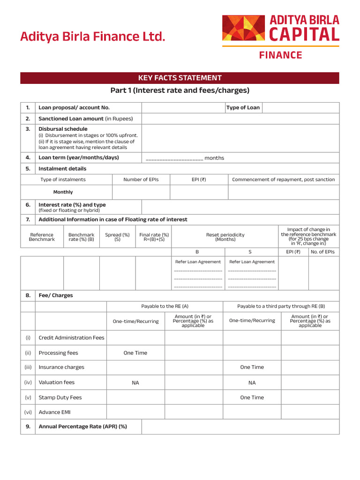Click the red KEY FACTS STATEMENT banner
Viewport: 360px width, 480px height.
click(x=180, y=78)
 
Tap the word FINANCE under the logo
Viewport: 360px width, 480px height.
click(x=280, y=55)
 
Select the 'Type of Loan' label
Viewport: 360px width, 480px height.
click(x=243, y=108)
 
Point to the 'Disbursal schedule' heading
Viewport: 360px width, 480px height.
click(x=63, y=129)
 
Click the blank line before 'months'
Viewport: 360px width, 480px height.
click(x=174, y=158)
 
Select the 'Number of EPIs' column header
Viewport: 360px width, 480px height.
click(x=141, y=180)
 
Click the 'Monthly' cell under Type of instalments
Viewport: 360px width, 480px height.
click(x=63, y=192)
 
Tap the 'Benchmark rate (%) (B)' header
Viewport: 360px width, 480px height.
click(x=81, y=237)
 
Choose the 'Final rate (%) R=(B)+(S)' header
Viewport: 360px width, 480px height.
click(x=154, y=237)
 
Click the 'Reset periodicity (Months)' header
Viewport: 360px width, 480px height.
click(x=225, y=237)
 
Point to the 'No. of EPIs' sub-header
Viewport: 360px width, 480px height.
click(x=322, y=252)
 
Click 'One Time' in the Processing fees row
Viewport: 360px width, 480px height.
click(x=135, y=353)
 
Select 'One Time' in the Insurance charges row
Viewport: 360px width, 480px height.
click(x=252, y=367)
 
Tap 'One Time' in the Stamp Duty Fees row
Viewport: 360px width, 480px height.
click(x=252, y=397)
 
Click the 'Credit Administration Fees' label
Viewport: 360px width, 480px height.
click(x=71, y=338)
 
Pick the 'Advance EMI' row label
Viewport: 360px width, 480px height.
click(x=55, y=412)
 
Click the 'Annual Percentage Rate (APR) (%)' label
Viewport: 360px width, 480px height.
click(x=82, y=427)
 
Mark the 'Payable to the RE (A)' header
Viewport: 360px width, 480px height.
click(x=165, y=306)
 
